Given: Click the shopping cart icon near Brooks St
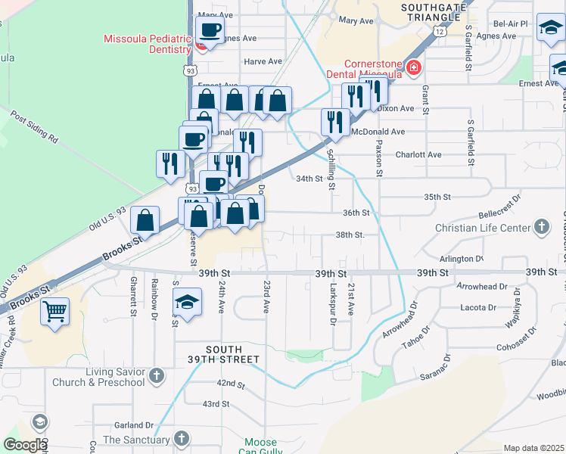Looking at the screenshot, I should pyautogui.click(x=55, y=310).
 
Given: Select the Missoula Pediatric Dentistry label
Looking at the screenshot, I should pyautogui.click(x=148, y=44).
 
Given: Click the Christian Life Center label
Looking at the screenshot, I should pyautogui.click(x=483, y=228).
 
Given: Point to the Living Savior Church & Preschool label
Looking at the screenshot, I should pyautogui.click(x=98, y=377).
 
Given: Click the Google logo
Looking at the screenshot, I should pyautogui.click(x=25, y=445).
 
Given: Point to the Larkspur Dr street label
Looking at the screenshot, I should pyautogui.click(x=333, y=305).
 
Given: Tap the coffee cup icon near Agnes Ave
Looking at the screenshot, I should pyautogui.click(x=210, y=31).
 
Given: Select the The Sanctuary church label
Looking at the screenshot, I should pyautogui.click(x=136, y=440).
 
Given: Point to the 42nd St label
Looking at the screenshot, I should pyautogui.click(x=231, y=384).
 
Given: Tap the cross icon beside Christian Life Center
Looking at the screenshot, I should pyautogui.click(x=542, y=227).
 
